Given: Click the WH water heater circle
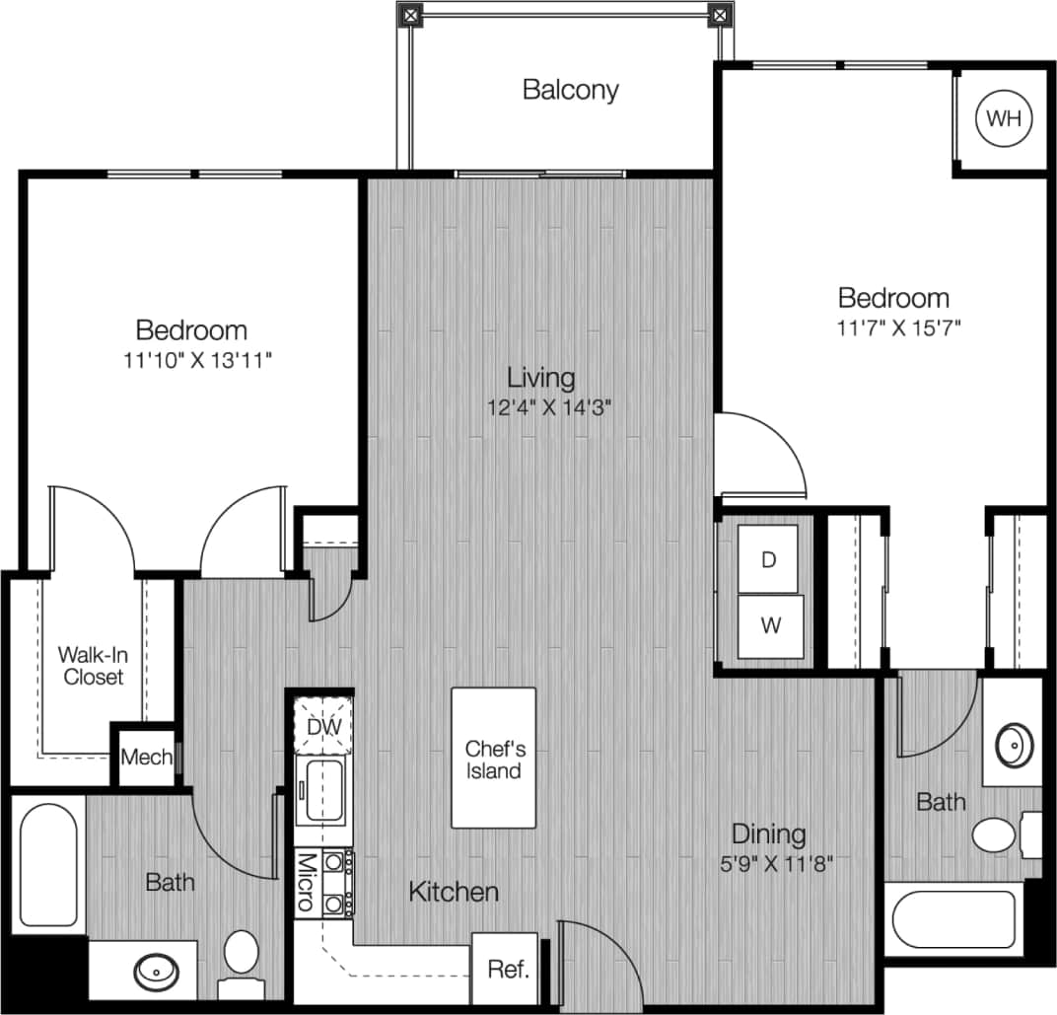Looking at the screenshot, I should (1004, 119).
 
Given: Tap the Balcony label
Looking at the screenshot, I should (571, 90).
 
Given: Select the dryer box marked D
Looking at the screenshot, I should (769, 560).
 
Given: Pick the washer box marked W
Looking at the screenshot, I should (770, 624).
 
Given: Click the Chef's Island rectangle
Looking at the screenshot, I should (494, 758).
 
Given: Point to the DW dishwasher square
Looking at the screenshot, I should (323, 726).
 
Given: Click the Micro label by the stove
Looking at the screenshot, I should (306, 882).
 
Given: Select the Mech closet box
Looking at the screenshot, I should (146, 758).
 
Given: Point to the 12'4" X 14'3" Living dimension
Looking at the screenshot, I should (541, 407).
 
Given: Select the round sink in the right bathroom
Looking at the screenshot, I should (1012, 746).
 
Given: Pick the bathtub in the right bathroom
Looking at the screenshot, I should (953, 920).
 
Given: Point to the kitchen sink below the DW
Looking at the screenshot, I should (323, 790).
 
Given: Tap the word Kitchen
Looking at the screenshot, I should (454, 892).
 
